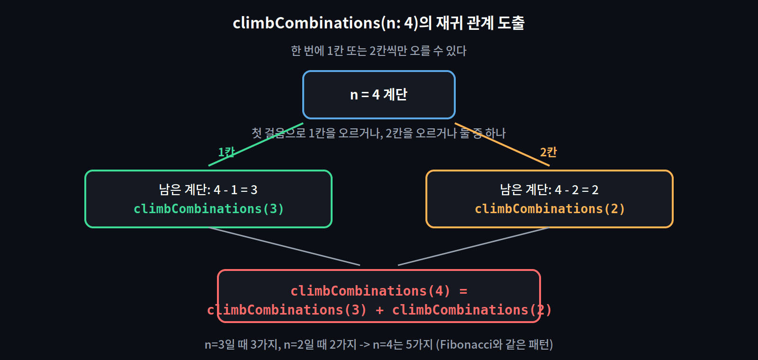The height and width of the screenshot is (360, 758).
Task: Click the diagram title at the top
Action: pos(379,23)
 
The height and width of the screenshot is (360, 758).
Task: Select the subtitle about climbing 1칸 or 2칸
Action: pos(379,51)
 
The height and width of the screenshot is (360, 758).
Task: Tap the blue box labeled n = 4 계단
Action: pos(379,95)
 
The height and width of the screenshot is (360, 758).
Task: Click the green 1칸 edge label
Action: pos(226,152)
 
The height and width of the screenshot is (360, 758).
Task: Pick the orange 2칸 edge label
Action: pos(548,152)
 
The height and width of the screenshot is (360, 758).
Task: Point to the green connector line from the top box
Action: pos(256,144)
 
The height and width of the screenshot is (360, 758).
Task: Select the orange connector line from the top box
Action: pos(502,144)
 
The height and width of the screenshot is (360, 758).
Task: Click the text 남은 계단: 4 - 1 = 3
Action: pos(208,190)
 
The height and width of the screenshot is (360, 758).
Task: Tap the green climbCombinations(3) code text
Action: pos(208,209)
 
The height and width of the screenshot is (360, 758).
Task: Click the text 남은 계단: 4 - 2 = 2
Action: pos(549,190)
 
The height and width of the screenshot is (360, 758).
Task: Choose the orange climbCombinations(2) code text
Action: pos(550,209)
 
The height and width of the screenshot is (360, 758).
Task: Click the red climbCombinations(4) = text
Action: pos(379,291)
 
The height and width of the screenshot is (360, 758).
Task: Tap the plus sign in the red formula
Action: pos(379,310)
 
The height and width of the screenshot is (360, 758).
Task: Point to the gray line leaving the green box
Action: pos(284,247)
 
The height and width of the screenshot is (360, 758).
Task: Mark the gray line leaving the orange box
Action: pos(474,247)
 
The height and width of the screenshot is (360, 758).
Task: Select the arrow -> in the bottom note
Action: pos(364,345)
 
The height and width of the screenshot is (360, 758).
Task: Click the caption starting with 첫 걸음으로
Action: pos(379,133)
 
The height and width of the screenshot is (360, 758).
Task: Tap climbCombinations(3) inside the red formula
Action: pos(287,310)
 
